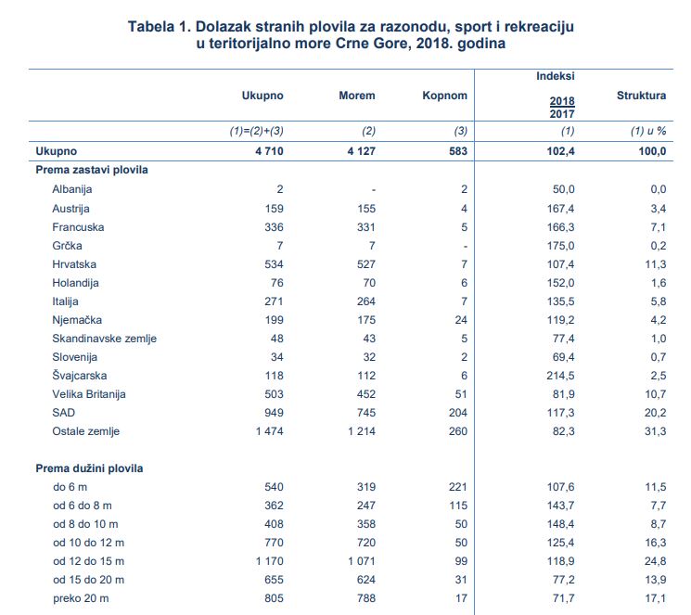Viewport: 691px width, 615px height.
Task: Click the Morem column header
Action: click(x=356, y=96)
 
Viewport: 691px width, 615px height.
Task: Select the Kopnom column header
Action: click(x=444, y=96)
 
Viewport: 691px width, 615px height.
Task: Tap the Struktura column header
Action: click(x=641, y=96)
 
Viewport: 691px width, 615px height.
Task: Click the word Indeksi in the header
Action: click(x=556, y=76)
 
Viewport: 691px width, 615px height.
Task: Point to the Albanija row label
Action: click(x=72, y=189)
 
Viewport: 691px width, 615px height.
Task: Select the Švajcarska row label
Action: click(x=80, y=376)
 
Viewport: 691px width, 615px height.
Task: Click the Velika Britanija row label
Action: click(x=89, y=394)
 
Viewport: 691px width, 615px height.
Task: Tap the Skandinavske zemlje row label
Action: click(x=105, y=339)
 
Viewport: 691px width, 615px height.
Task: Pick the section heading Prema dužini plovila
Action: click(x=89, y=468)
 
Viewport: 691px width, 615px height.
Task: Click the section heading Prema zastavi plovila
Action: click(x=92, y=170)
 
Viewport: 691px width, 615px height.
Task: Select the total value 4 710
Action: click(x=269, y=151)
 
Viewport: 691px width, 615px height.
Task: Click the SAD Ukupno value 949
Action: click(x=275, y=413)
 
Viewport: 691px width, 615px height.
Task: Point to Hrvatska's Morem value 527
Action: click(x=366, y=264)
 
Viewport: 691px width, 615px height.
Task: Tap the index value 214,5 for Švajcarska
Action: click(x=560, y=376)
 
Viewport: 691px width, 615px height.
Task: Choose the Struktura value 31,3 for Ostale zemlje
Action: click(x=656, y=431)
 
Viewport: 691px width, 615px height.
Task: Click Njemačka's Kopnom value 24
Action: click(x=461, y=320)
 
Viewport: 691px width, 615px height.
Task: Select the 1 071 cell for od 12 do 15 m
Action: click(x=362, y=561)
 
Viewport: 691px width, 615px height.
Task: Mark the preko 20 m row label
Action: click(x=81, y=598)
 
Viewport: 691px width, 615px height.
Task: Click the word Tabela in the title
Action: click(x=151, y=27)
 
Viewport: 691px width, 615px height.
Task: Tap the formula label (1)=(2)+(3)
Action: click(x=257, y=131)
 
